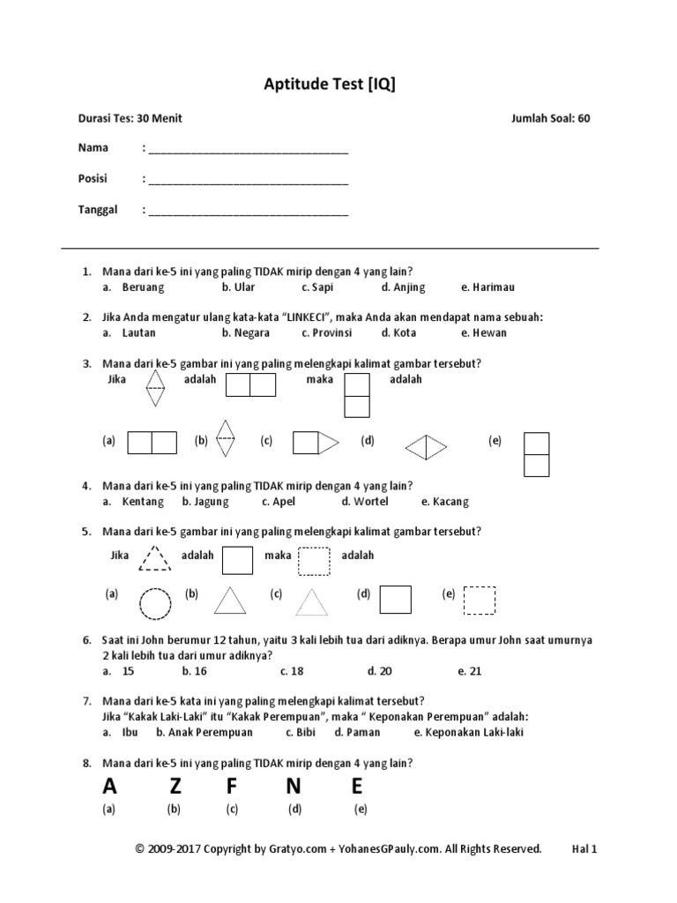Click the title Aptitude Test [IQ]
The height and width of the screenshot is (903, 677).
(x=336, y=84)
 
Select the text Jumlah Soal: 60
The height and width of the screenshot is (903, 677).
(x=550, y=119)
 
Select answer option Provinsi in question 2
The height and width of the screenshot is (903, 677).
(x=326, y=333)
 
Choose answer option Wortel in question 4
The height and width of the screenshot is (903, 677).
(x=365, y=502)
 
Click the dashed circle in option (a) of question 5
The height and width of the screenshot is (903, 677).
(x=156, y=604)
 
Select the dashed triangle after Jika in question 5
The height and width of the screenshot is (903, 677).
(x=155, y=558)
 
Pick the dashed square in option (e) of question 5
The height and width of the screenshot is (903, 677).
(x=480, y=601)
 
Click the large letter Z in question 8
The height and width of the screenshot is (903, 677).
(x=175, y=786)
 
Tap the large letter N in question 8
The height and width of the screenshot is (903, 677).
(x=294, y=786)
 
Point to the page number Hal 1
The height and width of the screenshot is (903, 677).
(x=584, y=849)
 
